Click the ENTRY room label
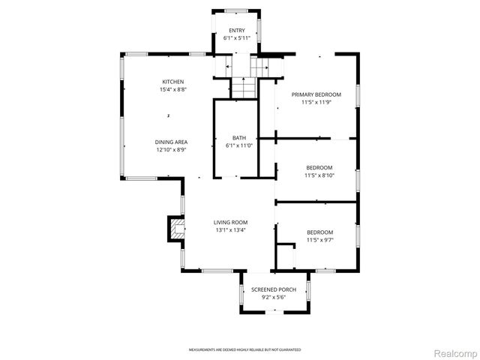(237, 30)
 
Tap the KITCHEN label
(173, 82)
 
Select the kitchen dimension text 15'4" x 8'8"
(173, 89)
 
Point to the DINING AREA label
(171, 142)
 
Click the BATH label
(238, 137)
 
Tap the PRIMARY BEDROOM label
(316, 94)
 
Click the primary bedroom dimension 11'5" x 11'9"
(316, 102)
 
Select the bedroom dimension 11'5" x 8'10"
(319, 175)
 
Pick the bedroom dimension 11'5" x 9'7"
(319, 240)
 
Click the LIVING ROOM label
(230, 222)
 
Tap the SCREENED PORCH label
(274, 289)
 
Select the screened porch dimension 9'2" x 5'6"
(274, 297)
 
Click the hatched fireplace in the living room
(176, 228)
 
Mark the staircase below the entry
(244, 87)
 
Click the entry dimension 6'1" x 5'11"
(237, 37)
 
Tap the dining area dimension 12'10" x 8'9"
(171, 149)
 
